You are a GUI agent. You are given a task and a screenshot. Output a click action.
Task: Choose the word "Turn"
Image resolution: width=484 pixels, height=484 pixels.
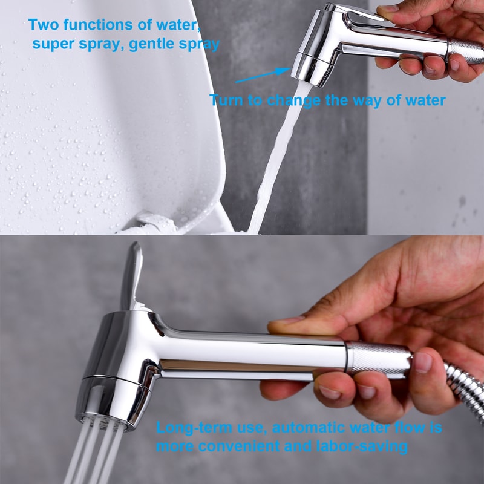coord(226,100)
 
